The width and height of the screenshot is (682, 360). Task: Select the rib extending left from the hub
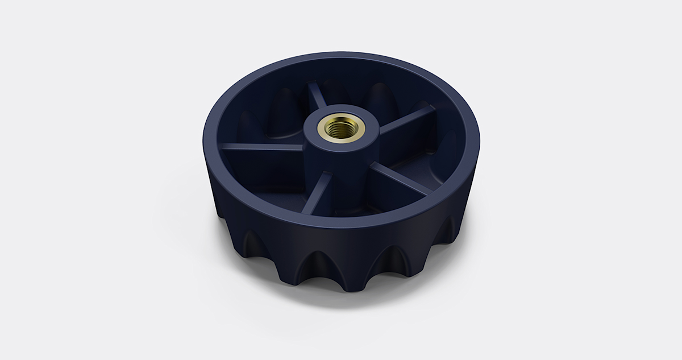[x=261, y=147]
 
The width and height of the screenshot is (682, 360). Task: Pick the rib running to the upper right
[x=406, y=120]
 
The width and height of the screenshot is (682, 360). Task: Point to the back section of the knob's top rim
[x=341, y=59]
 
